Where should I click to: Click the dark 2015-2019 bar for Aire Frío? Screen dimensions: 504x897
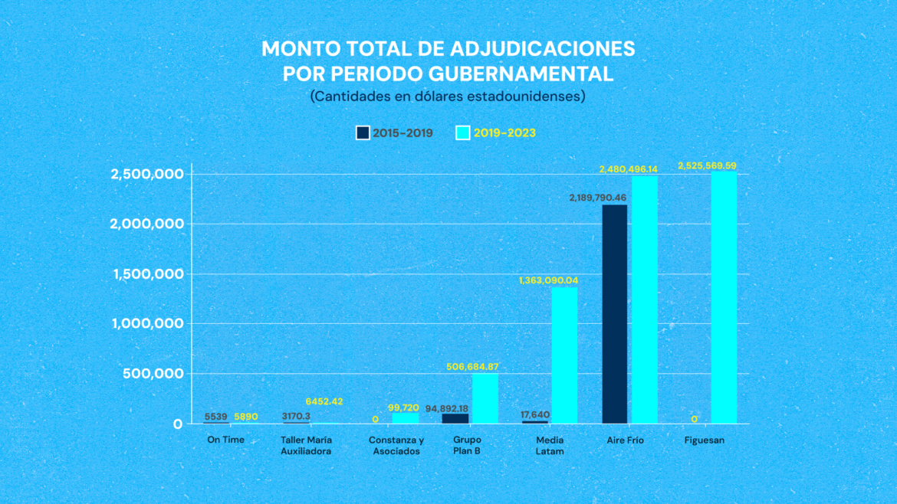[615, 314]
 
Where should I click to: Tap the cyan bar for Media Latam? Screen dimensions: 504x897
[564, 355]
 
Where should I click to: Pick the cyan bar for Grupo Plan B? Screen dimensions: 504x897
[485, 398]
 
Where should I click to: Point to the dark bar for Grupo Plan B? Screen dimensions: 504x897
[455, 418]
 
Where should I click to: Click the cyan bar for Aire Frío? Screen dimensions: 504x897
[645, 299]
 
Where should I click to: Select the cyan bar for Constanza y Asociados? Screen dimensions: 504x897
[406, 418]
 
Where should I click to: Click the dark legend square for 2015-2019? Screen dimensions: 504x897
[363, 133]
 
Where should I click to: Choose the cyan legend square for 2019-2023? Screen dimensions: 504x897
[463, 133]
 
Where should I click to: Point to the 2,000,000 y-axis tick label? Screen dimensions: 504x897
[146, 224]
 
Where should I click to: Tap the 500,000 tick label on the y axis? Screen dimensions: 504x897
[153, 374]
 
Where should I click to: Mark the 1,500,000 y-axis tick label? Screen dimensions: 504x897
[146, 274]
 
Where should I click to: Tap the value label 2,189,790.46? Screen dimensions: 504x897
[597, 198]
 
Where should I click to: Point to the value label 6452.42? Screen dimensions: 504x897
[324, 401]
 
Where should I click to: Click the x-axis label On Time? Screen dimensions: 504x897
[225, 440]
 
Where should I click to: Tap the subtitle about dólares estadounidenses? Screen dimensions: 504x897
[448, 97]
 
